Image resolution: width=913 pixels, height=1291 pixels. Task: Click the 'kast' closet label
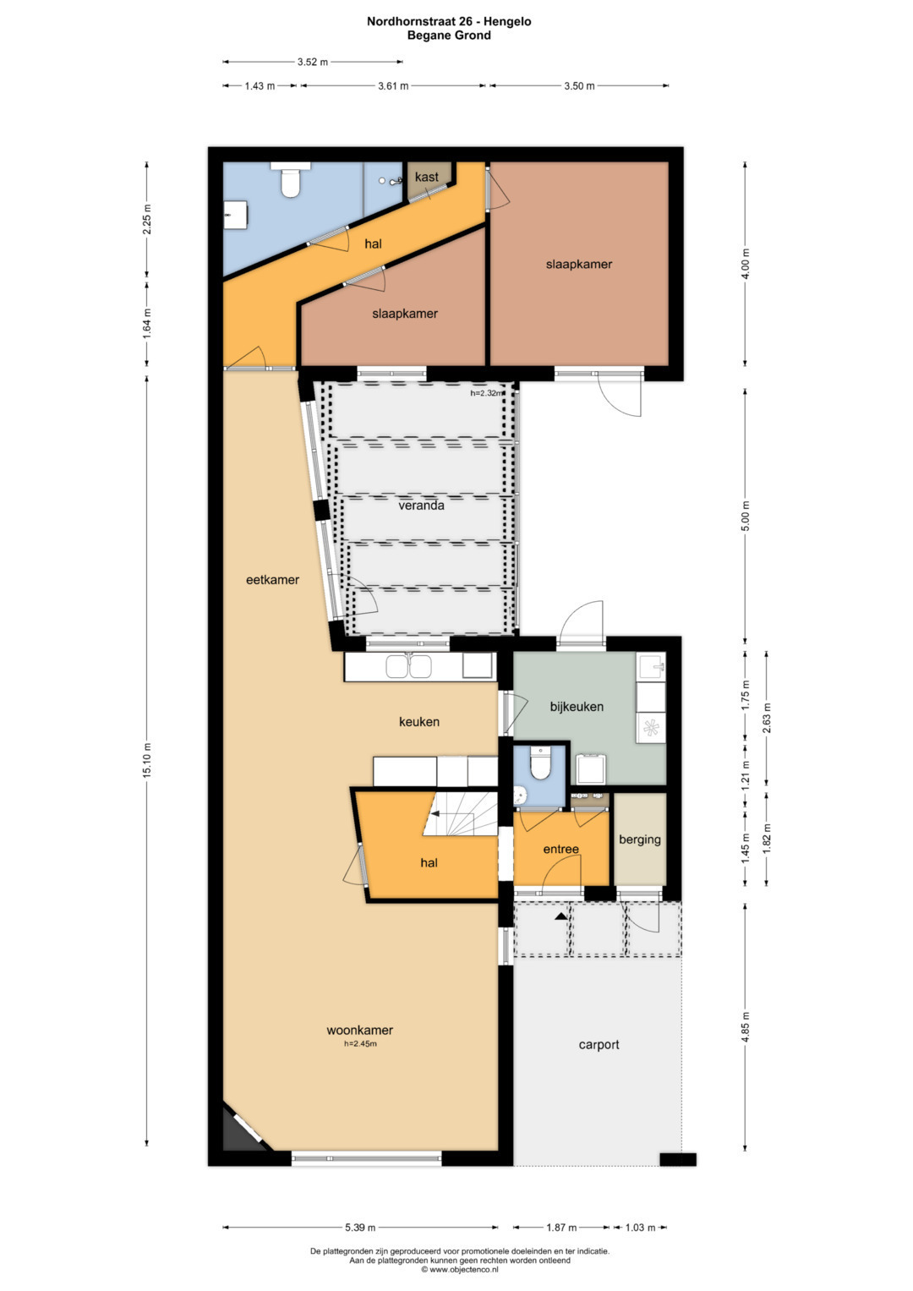pos(426,177)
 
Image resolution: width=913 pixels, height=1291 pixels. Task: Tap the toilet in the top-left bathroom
pos(290,180)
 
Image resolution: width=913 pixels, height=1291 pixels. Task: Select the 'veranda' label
pos(421,506)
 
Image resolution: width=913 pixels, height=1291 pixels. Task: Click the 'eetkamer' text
pos(272,580)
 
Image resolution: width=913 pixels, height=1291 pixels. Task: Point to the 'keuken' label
pos(419,721)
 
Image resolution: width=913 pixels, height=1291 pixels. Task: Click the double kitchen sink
pos(408,666)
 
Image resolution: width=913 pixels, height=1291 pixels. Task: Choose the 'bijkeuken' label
pos(577,707)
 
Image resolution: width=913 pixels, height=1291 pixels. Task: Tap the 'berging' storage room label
pos(640,840)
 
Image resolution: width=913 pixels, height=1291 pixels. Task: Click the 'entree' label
pos(560,849)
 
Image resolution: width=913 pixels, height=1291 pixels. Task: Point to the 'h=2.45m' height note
pos(360,1044)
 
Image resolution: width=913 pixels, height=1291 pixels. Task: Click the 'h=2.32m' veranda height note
pos(487,394)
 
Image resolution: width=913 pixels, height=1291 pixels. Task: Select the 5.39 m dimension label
pos(360,1228)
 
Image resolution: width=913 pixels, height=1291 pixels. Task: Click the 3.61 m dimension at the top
pos(393,86)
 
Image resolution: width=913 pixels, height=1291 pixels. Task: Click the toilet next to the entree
pos(541,763)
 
